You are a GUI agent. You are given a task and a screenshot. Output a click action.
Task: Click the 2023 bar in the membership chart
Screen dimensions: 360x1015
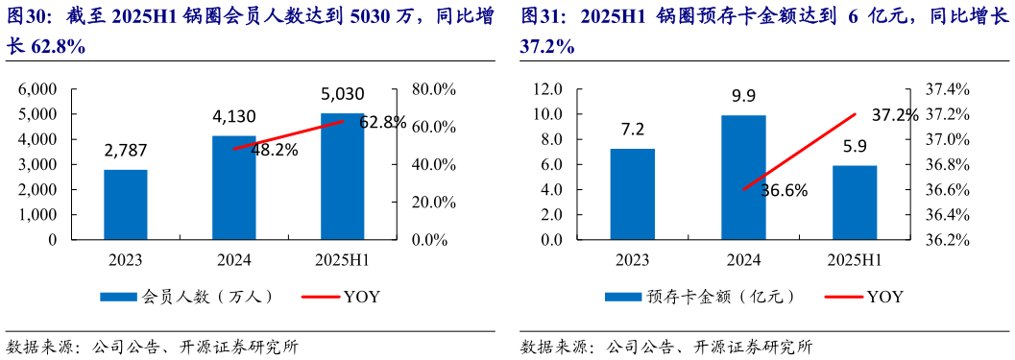(126, 204)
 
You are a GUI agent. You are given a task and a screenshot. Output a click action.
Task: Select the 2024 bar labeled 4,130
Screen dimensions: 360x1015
(234, 188)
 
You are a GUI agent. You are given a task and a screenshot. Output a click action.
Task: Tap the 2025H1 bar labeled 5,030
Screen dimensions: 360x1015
(343, 177)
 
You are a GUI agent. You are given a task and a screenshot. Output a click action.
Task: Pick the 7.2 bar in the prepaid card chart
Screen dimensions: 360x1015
(633, 194)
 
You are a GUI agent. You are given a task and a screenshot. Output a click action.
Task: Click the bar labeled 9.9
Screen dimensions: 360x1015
(743, 178)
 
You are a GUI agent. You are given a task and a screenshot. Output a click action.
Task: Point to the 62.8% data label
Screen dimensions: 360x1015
(383, 123)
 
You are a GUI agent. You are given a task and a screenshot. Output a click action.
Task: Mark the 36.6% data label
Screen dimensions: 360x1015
(785, 189)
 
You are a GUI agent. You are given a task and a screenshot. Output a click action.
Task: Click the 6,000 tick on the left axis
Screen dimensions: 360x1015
(38, 89)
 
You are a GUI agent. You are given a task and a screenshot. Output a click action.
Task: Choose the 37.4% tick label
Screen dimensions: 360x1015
(948, 89)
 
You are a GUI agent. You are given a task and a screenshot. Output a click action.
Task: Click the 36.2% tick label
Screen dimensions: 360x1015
(948, 240)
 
